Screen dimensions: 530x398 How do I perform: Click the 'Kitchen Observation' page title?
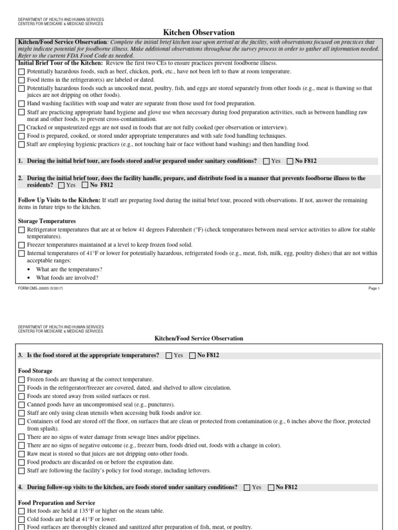199,33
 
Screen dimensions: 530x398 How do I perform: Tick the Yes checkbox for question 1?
266,161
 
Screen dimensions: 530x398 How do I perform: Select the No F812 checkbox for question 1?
290,161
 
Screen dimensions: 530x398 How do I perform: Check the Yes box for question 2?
62,185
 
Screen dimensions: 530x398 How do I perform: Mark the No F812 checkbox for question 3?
193,356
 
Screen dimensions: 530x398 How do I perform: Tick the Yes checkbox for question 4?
247,488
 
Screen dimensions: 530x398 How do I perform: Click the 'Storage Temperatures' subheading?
47,221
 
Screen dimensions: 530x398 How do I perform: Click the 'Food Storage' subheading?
35,371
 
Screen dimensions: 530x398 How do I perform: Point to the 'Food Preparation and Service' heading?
56,503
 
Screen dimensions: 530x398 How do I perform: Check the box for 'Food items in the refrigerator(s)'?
21,80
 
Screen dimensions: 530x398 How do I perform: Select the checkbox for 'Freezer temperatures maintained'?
21,245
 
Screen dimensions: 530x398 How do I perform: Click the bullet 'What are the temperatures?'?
69,270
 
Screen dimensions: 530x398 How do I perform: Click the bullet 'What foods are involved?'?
67,278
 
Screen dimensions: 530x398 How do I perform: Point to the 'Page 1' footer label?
374,289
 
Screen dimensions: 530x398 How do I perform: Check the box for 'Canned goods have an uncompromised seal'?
21,404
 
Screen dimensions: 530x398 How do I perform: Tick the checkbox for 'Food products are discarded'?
21,462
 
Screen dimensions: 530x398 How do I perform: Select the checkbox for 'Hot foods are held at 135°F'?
21,511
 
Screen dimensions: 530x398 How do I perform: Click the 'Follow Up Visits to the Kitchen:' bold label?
59,200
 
